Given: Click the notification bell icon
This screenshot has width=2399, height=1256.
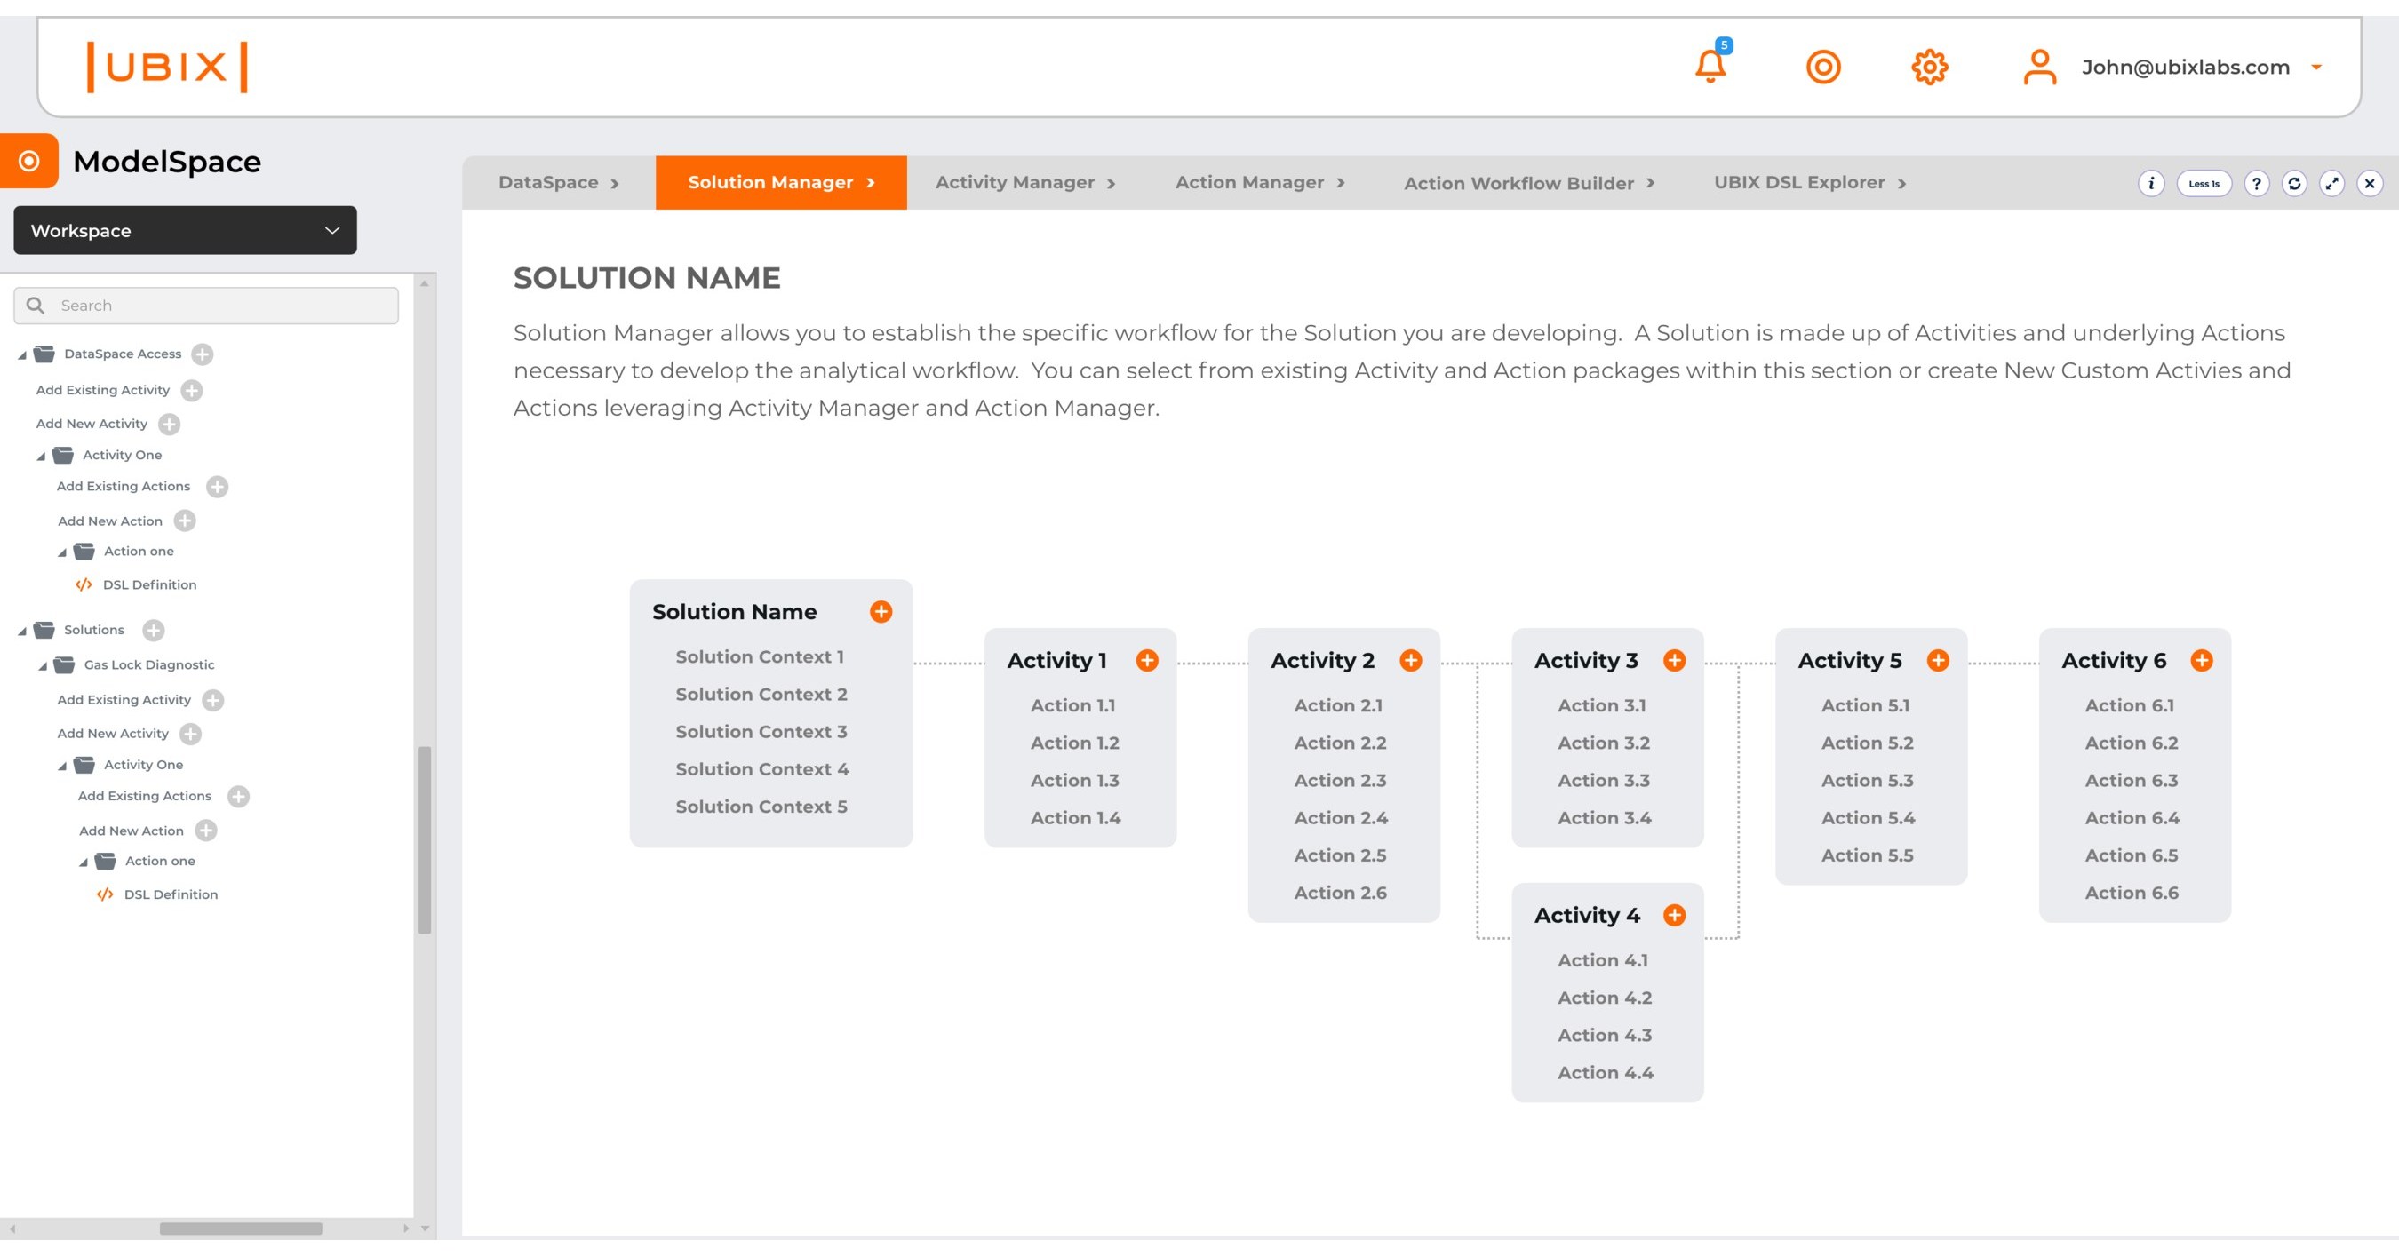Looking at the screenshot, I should pos(1710,66).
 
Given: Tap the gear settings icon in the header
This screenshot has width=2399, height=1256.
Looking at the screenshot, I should pos(1929,67).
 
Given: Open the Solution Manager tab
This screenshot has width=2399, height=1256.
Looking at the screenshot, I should pos(780,182).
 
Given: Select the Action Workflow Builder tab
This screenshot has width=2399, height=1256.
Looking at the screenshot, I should pos(1528,183).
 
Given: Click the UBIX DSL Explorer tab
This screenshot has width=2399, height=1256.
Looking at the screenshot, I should pos(1808,182).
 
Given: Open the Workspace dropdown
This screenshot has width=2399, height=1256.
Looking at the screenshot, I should pos(185,230).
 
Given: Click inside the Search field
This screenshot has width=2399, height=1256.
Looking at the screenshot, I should pos(214,306).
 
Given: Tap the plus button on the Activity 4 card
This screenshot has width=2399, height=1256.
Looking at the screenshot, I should pos(1674,915).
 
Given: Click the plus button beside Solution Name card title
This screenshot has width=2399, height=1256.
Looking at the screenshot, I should pos(880,612).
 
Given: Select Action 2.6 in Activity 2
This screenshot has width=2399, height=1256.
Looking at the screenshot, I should pos(1340,893).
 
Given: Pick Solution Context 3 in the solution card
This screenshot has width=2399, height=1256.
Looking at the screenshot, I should pos(761,732).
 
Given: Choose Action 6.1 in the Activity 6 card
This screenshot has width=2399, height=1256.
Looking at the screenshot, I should pos(2129,706).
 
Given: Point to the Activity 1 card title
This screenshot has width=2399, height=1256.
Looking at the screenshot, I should pos(1056,660).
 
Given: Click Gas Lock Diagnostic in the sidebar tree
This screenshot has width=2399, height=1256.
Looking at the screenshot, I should pos(149,664).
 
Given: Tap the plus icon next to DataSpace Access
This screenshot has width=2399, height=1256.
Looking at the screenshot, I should pos(202,354).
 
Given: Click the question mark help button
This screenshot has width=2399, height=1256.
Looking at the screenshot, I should pos(2256,183).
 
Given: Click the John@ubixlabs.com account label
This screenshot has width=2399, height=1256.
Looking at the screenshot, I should pos(2185,67).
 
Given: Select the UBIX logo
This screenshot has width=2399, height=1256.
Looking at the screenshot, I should pos(167,66).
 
